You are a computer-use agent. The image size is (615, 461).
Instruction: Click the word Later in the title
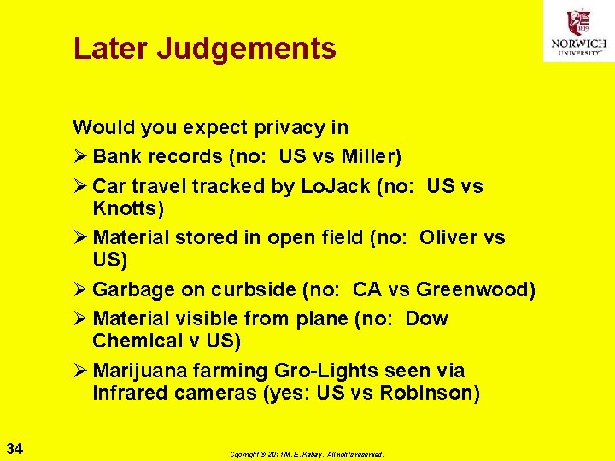[110, 48]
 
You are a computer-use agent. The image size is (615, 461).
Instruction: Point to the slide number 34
[15, 448]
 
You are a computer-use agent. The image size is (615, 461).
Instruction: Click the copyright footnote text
[307, 454]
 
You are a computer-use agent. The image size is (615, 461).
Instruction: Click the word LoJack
[337, 186]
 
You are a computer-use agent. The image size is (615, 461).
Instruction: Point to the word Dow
[426, 318]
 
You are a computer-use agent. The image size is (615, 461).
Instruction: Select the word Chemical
[135, 341]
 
